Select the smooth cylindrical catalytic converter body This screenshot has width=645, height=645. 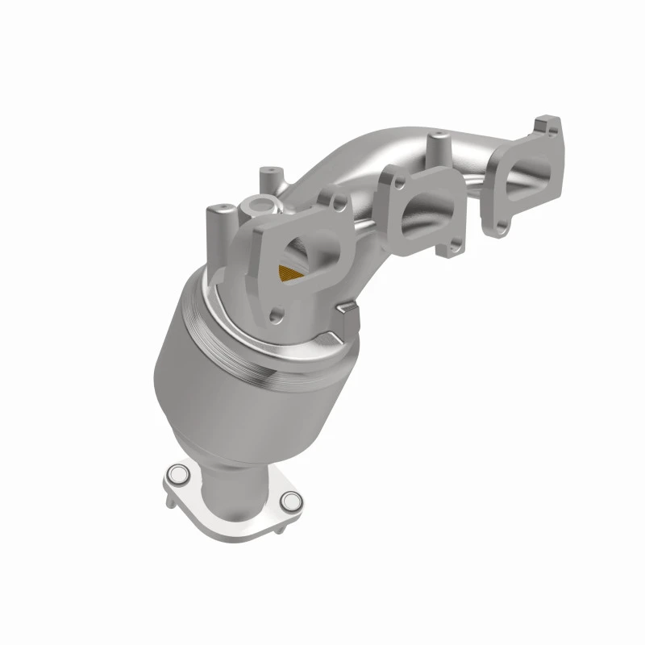tap(218, 379)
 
